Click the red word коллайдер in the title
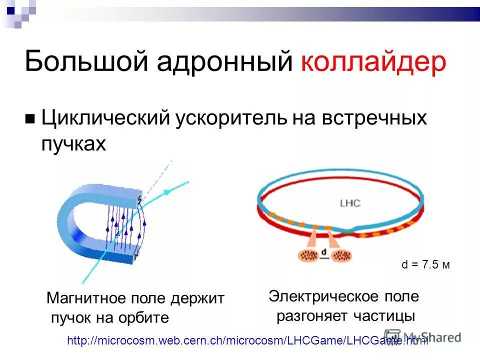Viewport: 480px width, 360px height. [373, 63]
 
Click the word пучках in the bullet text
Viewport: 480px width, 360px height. [73, 144]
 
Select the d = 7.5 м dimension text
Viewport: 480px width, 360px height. [425, 265]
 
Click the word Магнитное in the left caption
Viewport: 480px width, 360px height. [87, 298]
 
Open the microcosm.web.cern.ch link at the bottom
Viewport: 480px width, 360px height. [247, 341]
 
